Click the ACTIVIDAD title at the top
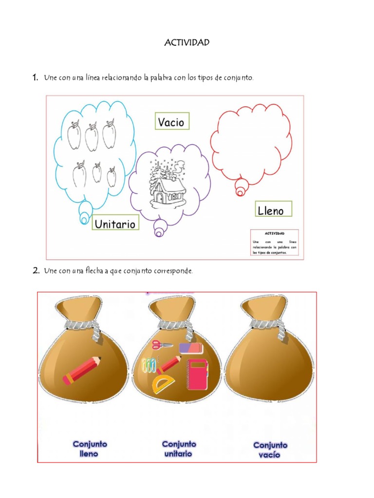(187, 43)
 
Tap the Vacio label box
(172, 121)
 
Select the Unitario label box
(115, 222)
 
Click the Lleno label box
(274, 209)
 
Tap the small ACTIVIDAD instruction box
(275, 242)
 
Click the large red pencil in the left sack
(82, 370)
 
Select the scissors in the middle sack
(162, 345)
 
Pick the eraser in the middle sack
(191, 348)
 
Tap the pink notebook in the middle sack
(198, 374)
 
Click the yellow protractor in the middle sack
(163, 385)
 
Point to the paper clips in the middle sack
(149, 365)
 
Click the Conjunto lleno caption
(90, 449)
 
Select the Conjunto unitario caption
(179, 449)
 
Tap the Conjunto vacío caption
(270, 450)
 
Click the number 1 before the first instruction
(35, 77)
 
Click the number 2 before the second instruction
(36, 270)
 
